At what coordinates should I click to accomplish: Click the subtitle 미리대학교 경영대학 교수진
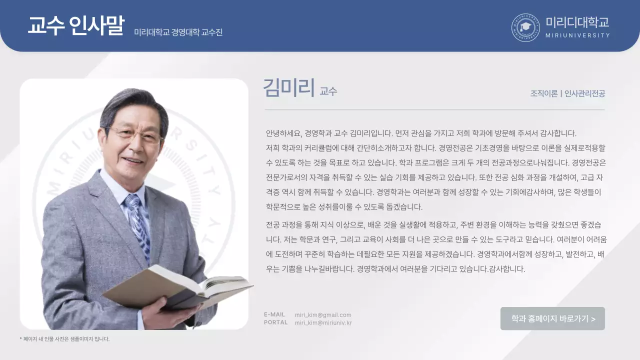178,32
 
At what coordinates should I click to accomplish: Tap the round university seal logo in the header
525,27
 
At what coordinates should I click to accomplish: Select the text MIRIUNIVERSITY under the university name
577,35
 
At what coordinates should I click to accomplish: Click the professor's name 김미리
288,88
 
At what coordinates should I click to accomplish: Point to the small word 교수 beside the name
328,91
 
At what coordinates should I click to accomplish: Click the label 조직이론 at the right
544,93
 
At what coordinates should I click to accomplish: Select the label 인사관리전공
584,93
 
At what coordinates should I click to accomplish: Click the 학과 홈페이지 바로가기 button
552,318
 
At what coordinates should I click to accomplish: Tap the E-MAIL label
274,314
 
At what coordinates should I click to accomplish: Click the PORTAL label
275,322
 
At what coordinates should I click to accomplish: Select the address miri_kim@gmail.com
323,315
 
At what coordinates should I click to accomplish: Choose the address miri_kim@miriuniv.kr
323,323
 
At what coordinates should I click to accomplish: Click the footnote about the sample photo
64,339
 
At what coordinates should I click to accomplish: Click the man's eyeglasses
133,134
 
